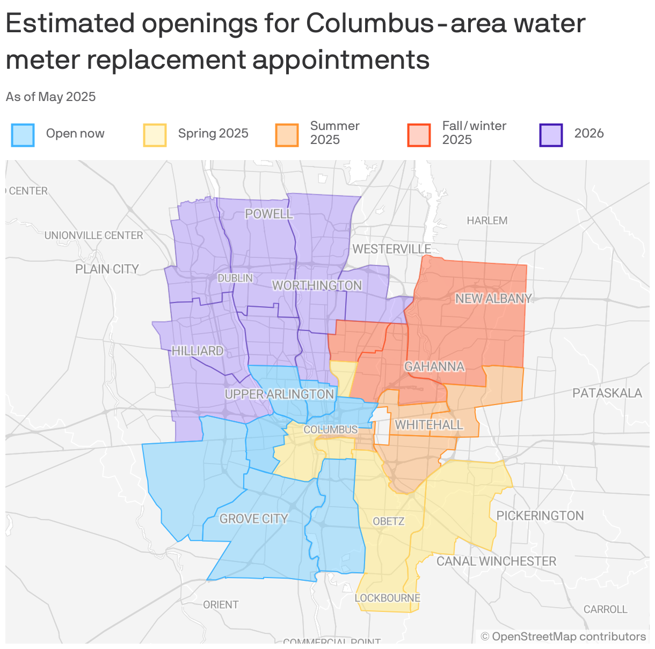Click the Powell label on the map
(269, 214)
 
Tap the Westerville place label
(392, 249)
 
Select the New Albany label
(493, 299)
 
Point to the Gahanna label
(434, 366)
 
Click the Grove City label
(253, 518)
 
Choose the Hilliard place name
(198, 351)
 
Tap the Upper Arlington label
(279, 394)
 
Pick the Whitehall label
(429, 425)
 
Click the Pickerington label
(540, 516)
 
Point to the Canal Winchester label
(496, 561)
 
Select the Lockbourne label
(387, 598)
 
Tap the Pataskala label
(607, 393)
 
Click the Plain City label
(107, 269)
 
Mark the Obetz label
(388, 521)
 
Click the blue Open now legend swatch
(23, 135)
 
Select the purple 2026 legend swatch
(551, 135)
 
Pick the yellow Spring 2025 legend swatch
(155, 135)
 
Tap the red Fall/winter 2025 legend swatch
(419, 135)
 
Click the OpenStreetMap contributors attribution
(563, 637)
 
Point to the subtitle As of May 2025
(51, 97)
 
